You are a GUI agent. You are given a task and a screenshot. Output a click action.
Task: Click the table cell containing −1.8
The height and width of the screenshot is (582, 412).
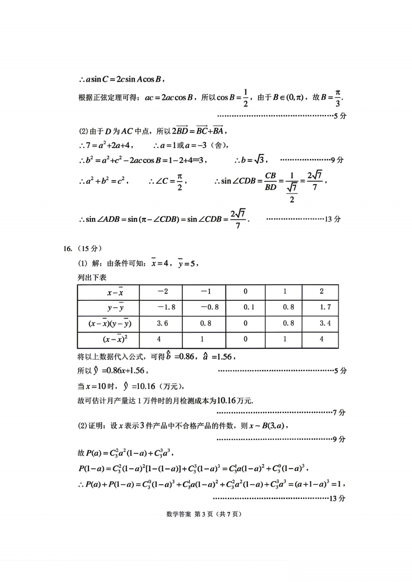[x=161, y=307]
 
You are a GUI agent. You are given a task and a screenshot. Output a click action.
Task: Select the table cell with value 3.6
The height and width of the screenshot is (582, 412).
[x=161, y=323]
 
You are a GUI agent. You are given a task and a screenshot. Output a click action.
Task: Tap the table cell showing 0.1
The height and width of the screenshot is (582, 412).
[x=246, y=307]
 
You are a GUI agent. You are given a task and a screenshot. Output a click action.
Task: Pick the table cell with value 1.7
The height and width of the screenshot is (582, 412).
[x=320, y=307]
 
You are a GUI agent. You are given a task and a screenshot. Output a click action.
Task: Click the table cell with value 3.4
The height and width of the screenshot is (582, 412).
[x=320, y=323]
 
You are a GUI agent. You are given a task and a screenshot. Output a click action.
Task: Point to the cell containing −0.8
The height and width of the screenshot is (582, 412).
[x=204, y=307]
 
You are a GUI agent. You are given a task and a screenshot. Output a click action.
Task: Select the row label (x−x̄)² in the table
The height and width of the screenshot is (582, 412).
[x=108, y=339]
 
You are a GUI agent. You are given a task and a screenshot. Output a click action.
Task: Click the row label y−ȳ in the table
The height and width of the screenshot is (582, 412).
[x=108, y=307]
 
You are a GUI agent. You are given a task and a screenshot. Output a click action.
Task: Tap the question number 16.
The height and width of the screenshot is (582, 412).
[x=68, y=249]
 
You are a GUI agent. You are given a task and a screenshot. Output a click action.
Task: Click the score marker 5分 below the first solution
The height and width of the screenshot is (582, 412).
[x=340, y=116]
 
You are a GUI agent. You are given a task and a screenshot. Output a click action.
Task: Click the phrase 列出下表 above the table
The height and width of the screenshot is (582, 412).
[x=92, y=277]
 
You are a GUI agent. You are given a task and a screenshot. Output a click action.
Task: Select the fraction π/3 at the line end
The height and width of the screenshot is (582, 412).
[x=338, y=98]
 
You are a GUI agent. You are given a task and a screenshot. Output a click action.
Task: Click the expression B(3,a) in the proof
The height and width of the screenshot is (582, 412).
[x=273, y=426]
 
